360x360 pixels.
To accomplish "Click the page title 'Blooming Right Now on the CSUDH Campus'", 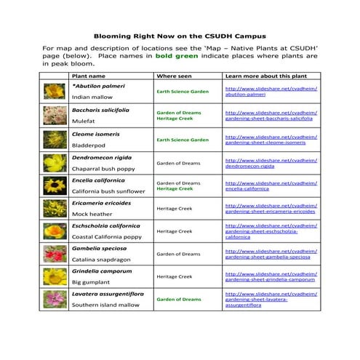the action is click(x=180, y=35).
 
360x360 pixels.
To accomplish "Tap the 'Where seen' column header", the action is click(x=175, y=75).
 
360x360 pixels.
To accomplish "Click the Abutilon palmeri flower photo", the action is click(x=54, y=91).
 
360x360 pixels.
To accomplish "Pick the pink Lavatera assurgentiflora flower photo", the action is click(x=54, y=300).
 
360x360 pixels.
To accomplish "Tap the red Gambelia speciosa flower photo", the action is click(x=54, y=254).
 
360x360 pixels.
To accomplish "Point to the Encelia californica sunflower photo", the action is click(x=54, y=185).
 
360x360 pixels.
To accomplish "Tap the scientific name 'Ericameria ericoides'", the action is click(x=101, y=203).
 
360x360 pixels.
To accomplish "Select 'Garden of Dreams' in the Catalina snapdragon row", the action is click(x=178, y=254).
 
